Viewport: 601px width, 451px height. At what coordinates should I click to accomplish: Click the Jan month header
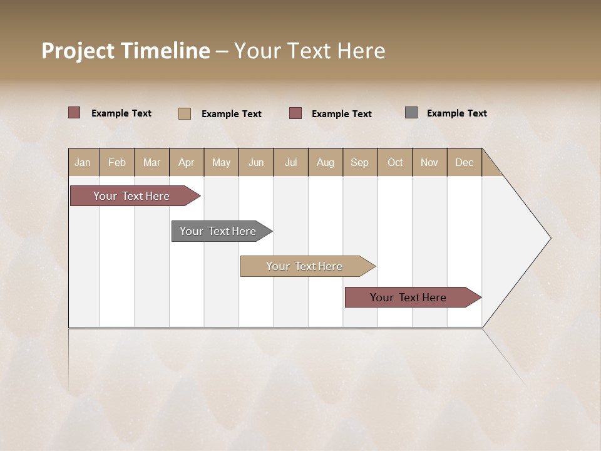click(x=83, y=162)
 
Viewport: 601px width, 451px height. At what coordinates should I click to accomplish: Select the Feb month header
click(x=117, y=162)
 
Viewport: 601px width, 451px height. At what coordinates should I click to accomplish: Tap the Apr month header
click(x=186, y=162)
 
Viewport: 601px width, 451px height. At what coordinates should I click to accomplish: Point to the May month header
click(x=221, y=162)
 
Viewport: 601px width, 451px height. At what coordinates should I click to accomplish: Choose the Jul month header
click(x=290, y=162)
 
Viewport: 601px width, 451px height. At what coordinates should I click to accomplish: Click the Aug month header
click(x=326, y=162)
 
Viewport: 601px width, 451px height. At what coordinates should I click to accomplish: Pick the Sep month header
click(x=360, y=162)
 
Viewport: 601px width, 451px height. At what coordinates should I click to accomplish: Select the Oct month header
click(x=395, y=162)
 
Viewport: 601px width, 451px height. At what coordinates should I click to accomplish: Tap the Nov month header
click(x=429, y=162)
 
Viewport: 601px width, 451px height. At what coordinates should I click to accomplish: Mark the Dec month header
click(x=464, y=162)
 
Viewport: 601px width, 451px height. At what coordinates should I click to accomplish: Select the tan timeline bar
click(x=305, y=266)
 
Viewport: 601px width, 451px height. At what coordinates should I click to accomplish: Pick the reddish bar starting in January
click(x=132, y=196)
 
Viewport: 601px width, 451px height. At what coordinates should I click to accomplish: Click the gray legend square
click(x=411, y=113)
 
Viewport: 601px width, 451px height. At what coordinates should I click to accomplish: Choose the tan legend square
click(x=185, y=113)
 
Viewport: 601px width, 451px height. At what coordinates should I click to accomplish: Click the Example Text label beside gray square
click(x=456, y=113)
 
